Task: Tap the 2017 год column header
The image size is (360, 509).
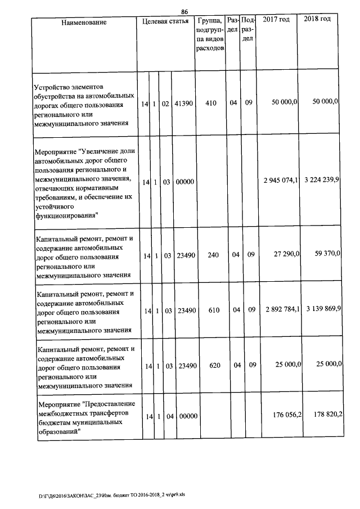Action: click(x=276, y=20)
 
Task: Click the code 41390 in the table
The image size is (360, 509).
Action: click(x=184, y=104)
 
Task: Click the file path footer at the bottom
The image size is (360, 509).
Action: click(x=115, y=496)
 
